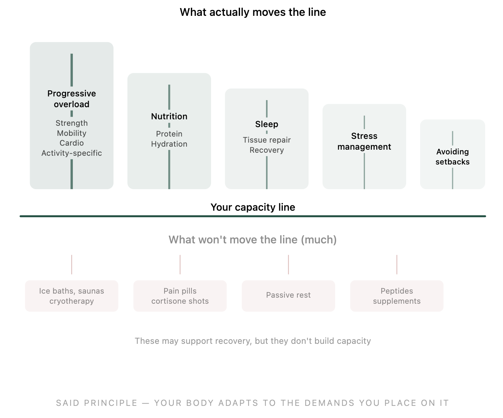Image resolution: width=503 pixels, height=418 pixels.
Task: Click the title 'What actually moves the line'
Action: click(x=253, y=12)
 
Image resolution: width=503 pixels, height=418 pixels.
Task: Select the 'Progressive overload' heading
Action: click(x=71, y=99)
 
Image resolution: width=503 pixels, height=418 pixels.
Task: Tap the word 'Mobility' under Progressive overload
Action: click(x=71, y=133)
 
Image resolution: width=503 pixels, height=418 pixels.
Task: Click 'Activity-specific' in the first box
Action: click(x=71, y=153)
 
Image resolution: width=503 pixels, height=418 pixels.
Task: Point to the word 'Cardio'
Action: click(x=71, y=143)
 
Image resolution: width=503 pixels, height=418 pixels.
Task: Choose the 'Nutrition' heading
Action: click(x=169, y=116)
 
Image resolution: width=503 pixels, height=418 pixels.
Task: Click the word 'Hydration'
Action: click(x=169, y=144)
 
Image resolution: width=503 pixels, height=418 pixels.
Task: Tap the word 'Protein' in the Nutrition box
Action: click(x=169, y=134)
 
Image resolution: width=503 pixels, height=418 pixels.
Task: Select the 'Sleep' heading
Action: click(x=266, y=124)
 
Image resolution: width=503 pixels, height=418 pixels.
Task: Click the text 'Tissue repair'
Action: click(x=266, y=140)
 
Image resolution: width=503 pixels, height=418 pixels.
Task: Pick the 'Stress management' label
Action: click(x=364, y=141)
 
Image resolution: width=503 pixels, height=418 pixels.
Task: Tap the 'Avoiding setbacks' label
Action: click(x=452, y=157)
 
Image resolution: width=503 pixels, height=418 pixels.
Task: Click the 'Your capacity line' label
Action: click(x=253, y=207)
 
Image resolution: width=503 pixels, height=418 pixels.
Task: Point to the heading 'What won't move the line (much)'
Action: click(x=253, y=240)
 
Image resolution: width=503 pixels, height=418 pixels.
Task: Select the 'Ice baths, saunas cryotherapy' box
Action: click(x=71, y=296)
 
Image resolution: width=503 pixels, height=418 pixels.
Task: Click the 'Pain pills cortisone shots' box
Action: click(x=180, y=296)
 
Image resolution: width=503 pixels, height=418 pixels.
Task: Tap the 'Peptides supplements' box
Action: click(x=396, y=296)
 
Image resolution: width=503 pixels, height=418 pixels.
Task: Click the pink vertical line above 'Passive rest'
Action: click(x=288, y=265)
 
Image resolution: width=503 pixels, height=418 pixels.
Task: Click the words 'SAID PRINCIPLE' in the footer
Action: click(x=97, y=403)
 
